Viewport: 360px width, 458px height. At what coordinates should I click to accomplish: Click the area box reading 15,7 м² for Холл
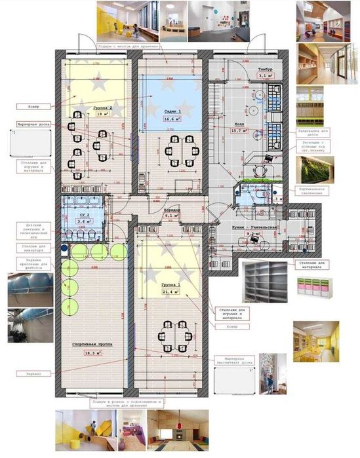click(x=238, y=130)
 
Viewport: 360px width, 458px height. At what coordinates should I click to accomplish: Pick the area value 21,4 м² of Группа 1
click(x=172, y=292)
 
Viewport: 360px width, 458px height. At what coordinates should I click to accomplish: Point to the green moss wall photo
click(x=313, y=169)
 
